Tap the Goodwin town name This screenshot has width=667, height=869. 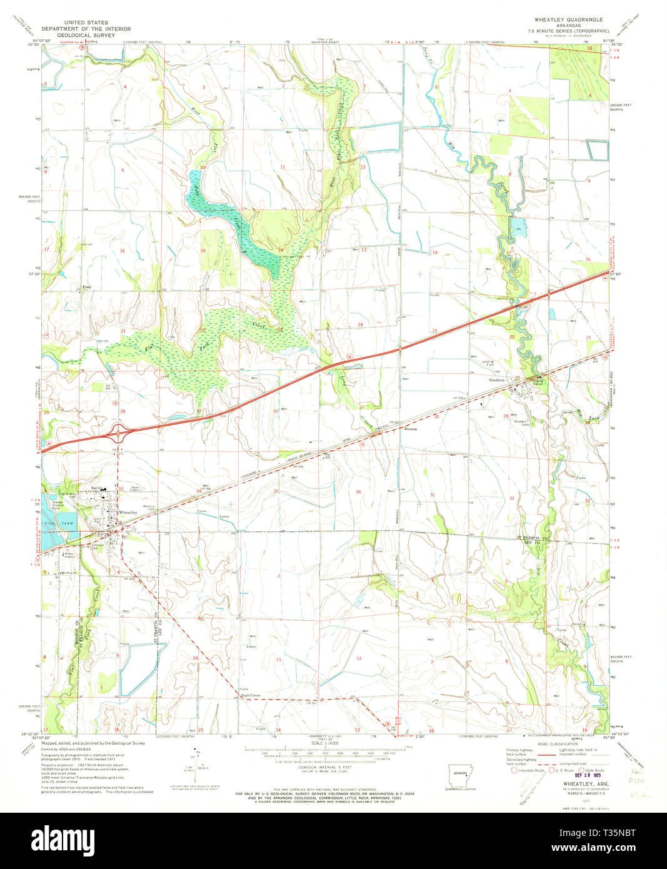pyautogui.click(x=498, y=379)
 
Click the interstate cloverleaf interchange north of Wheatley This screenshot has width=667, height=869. pyautogui.click(x=119, y=433)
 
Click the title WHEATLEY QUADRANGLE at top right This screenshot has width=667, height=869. pyautogui.click(x=568, y=20)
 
